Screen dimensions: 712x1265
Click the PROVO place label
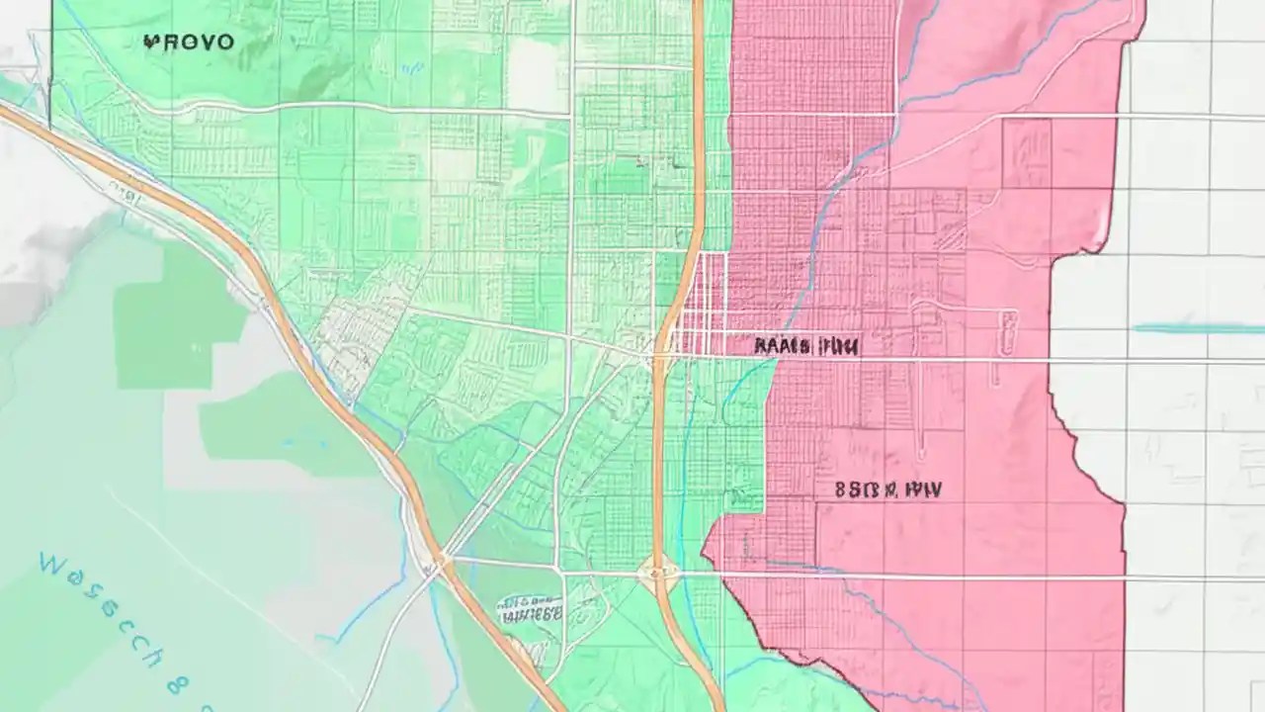coord(189,42)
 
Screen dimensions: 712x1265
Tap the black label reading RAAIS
coord(780,346)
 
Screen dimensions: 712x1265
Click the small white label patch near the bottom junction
coord(530,609)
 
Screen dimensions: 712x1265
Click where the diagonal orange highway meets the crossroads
coord(435,564)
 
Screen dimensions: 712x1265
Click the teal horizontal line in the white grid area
coord(1198,328)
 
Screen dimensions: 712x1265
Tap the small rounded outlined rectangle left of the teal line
coord(1007,332)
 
